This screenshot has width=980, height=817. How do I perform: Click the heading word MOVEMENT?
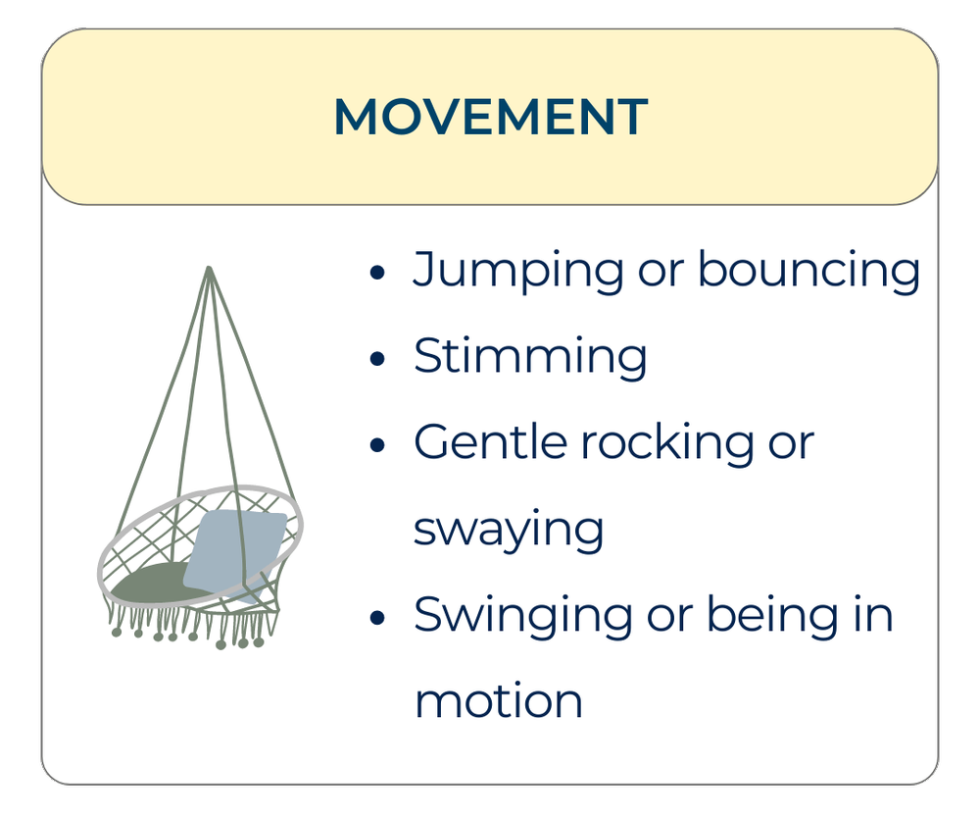tap(490, 118)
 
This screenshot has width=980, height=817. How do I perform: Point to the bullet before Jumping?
tap(377, 274)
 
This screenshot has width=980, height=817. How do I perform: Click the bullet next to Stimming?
tap(377, 360)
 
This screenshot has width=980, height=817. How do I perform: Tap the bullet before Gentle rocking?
tap(377, 445)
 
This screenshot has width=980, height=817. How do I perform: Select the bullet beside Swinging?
tap(377, 619)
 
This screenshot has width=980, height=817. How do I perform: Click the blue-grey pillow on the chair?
tap(234, 548)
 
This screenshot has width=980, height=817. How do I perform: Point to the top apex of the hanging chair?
tap(209, 268)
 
